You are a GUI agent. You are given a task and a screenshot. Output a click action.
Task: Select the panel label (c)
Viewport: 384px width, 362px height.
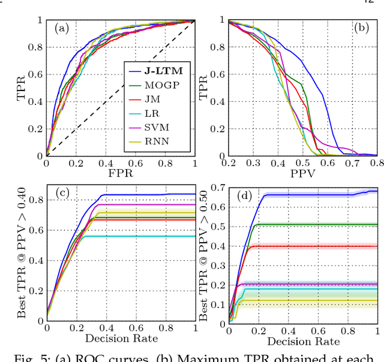[x=63, y=193]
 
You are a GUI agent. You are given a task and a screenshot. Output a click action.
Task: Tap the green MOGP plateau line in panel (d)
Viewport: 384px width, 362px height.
[x=318, y=225]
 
